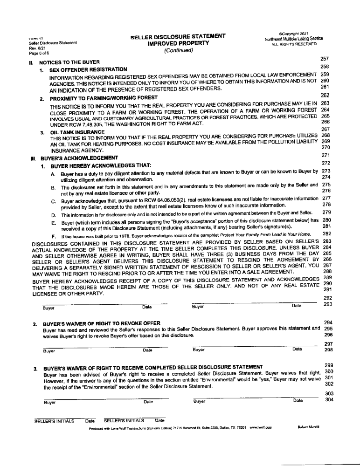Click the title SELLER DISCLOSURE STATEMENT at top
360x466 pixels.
(x=178, y=36)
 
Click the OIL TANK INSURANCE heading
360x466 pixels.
(x=77, y=132)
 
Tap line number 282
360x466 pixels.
(x=326, y=234)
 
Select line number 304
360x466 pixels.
(x=329, y=399)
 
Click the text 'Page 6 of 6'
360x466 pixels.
(x=39, y=53)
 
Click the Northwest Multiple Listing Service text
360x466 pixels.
(x=293, y=38)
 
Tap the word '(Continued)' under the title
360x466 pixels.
(x=178, y=50)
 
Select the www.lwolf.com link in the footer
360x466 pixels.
(x=261, y=427)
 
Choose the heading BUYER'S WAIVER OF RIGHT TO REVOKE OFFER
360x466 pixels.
(x=102, y=323)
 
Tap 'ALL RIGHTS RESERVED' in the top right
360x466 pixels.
(x=293, y=44)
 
